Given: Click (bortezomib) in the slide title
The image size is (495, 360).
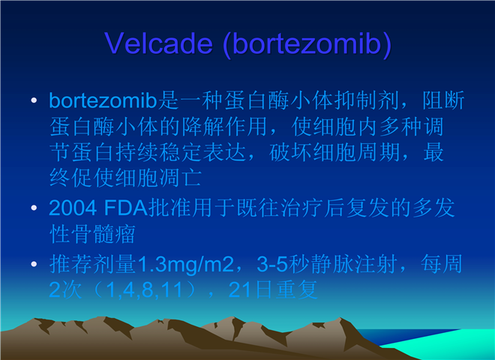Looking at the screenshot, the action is point(307,44).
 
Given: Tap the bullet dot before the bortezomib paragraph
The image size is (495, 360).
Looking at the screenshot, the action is point(34,100).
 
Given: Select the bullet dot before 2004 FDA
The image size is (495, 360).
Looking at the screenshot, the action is point(34,208).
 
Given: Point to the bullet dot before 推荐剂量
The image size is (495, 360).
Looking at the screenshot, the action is point(34,264).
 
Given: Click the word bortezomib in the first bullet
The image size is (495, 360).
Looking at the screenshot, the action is point(103,100).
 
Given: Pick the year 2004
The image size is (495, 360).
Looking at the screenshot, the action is point(73,208).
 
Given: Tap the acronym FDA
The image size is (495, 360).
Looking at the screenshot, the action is point(126,208).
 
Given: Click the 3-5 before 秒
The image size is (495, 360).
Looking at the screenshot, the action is point(272,264).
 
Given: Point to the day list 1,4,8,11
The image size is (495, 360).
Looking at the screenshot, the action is point(144,290).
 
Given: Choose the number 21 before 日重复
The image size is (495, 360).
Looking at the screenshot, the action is point(241,289).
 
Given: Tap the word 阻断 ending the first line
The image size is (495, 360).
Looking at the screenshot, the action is point(443,100).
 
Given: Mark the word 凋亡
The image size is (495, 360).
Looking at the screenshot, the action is point(180,178).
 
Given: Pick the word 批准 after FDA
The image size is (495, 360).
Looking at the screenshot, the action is point(169,208).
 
